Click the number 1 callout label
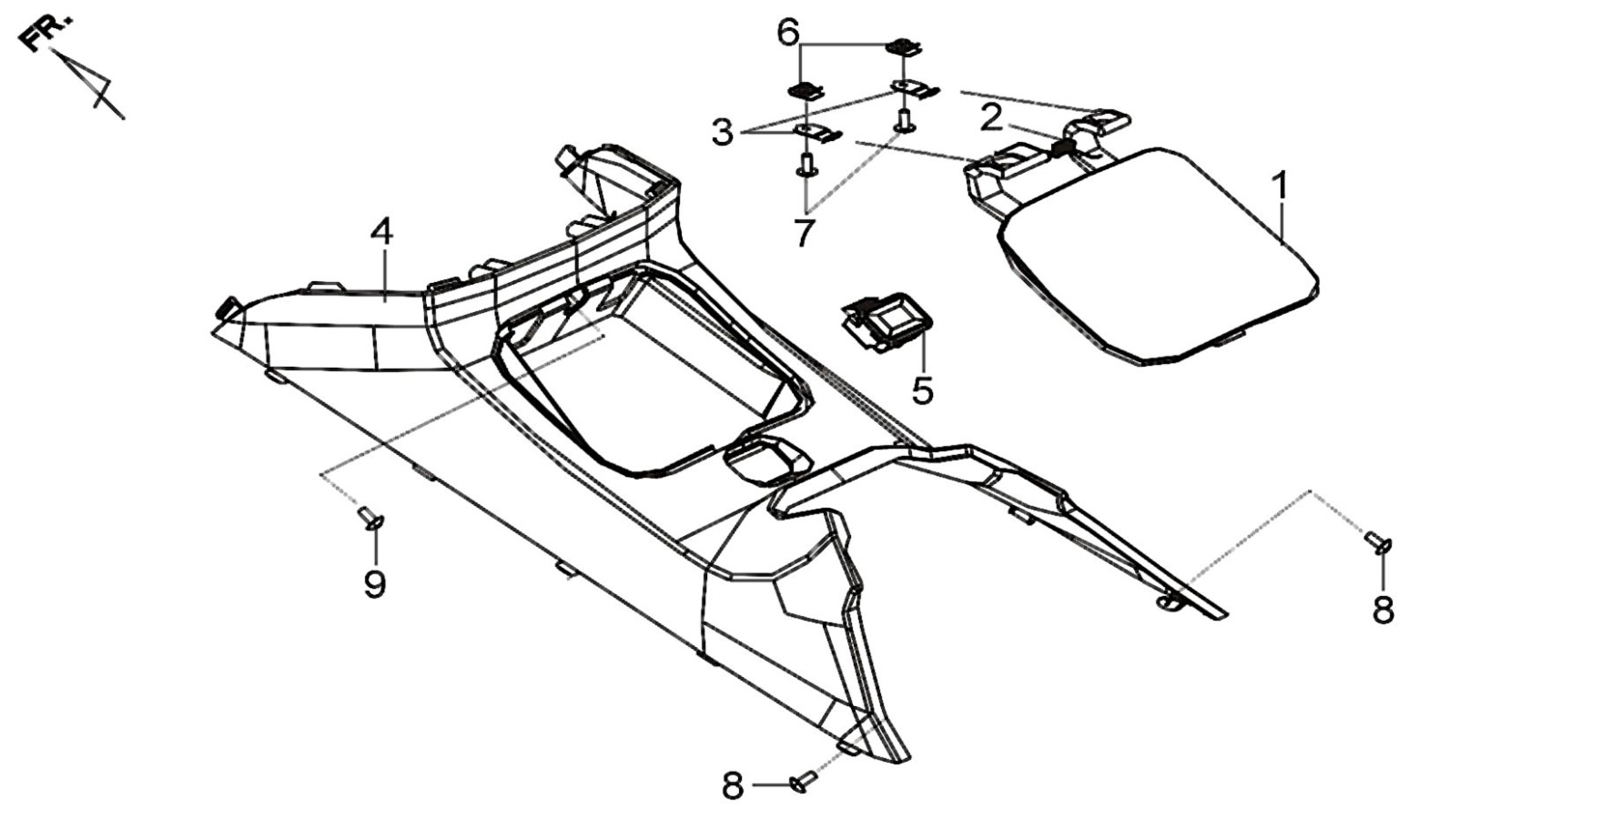1281,187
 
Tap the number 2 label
991,116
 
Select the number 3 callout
722,133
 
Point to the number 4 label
382,232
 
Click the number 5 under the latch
923,390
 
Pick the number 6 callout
788,34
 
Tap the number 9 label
374,583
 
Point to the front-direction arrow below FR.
89,84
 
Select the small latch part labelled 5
887,322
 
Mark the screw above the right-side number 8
1378,542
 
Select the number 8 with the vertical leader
1383,610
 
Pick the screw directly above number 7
805,165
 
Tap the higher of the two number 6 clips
903,46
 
